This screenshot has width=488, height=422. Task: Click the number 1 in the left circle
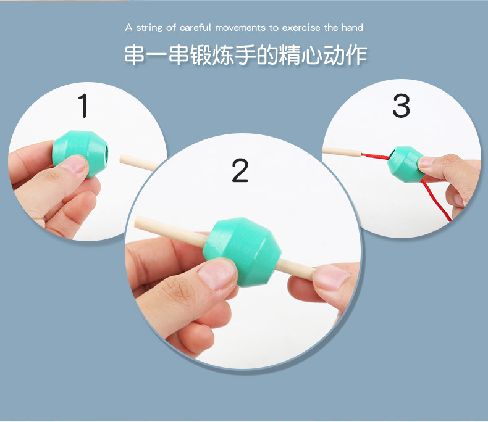(x=83, y=105)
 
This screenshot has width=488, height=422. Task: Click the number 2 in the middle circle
(x=240, y=170)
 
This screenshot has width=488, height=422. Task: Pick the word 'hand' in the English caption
(x=352, y=28)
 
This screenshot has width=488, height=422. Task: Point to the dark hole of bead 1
(x=106, y=152)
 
